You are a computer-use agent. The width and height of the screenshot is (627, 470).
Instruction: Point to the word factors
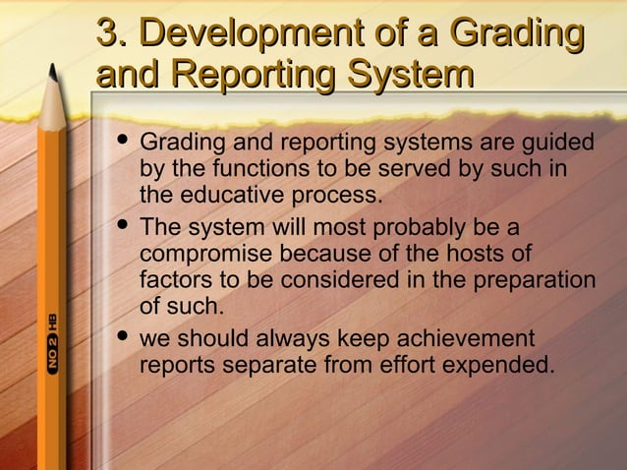click(x=172, y=281)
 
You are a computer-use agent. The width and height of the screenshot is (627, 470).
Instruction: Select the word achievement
click(x=460, y=340)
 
